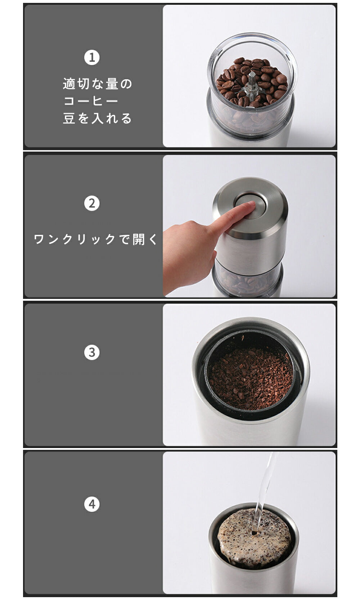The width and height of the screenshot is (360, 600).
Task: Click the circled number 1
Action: coord(92,57)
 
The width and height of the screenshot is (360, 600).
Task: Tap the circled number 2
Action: coord(92,203)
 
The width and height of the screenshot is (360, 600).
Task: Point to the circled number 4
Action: coord(92,504)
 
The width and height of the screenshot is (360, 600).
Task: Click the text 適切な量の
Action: coord(98,84)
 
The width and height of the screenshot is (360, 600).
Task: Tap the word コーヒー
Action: coord(91,101)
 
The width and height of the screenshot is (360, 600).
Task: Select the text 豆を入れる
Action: coord(98,118)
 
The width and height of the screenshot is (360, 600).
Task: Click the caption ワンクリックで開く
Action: coord(95,239)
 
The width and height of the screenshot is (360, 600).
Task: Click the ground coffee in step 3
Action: coord(251,379)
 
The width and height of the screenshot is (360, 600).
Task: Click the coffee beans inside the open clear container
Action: coord(252,80)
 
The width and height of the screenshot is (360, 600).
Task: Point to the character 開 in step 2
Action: coord(139,239)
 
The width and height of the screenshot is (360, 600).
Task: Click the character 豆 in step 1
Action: coord(69,118)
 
